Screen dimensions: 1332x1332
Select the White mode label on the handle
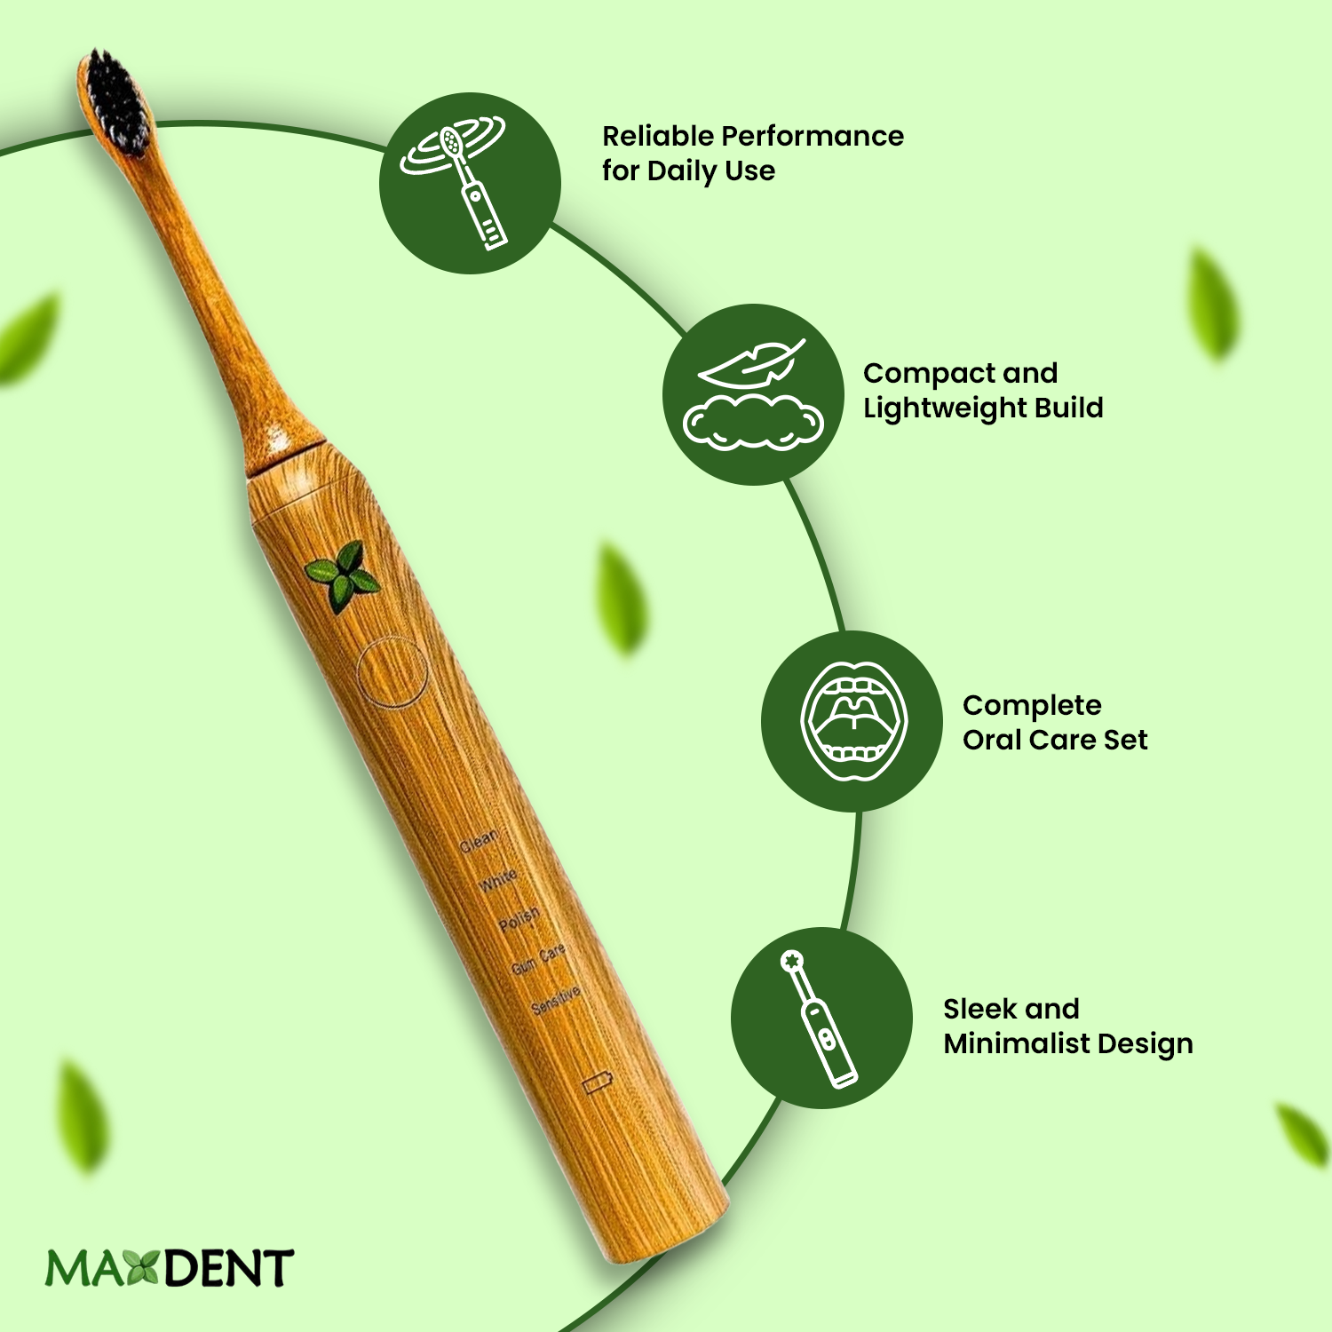point(498,880)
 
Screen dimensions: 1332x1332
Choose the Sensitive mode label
point(557,1000)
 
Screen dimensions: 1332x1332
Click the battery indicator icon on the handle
point(598,1083)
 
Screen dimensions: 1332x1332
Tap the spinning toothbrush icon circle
point(470,183)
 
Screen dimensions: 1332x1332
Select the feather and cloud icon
point(753,394)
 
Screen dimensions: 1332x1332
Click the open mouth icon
point(852,721)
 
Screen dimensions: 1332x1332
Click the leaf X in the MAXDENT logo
point(142,1267)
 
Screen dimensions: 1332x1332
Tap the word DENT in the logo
point(228,1268)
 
